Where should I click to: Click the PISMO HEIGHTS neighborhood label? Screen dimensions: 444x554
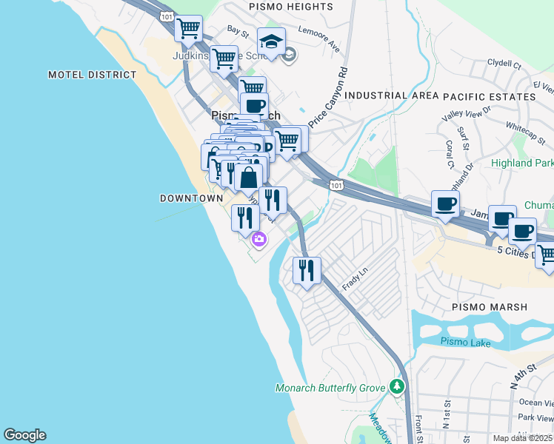point(281,7)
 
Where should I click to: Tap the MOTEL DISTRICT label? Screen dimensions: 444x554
point(93,75)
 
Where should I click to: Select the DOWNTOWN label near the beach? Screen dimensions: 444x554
point(191,198)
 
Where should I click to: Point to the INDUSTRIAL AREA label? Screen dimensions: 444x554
point(392,96)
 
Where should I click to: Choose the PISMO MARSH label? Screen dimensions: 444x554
point(490,306)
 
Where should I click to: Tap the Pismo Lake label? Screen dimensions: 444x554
point(465,341)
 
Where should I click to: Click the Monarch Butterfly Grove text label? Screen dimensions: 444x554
point(330,388)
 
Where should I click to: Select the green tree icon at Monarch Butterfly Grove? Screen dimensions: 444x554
point(398,386)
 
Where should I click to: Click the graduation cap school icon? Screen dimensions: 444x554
point(271,41)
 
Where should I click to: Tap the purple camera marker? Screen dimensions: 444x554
point(258,239)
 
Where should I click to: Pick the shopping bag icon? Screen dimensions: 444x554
point(249,178)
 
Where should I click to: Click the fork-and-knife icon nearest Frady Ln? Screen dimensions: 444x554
point(307,270)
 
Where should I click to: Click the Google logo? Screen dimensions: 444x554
point(24,435)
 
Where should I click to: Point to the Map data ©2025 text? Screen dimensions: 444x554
point(523,438)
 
